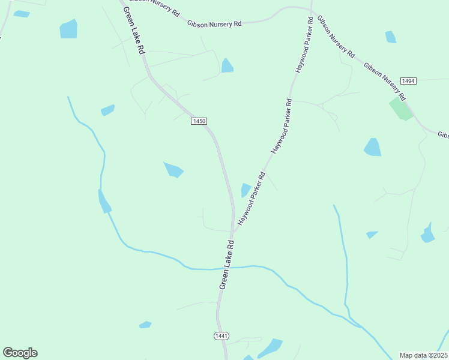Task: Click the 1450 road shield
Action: (199, 121)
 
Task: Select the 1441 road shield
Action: (221, 336)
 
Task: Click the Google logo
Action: (20, 353)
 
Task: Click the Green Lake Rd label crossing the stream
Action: (226, 265)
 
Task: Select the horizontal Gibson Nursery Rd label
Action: (214, 23)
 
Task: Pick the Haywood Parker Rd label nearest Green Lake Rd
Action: (252, 199)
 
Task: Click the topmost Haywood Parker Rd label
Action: (304, 46)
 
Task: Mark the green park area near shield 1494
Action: (401, 109)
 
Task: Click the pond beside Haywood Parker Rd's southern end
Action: (245, 190)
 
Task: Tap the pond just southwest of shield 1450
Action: (173, 170)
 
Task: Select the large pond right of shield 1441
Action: (271, 347)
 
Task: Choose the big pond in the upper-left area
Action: (68, 28)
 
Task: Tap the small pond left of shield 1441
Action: (145, 325)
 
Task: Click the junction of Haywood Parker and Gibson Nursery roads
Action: (311, 9)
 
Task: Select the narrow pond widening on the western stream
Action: (104, 201)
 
